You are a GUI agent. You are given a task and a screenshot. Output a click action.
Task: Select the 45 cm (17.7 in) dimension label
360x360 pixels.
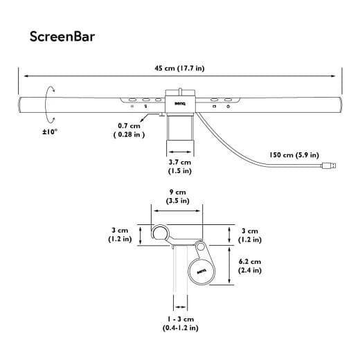pyautogui.click(x=179, y=68)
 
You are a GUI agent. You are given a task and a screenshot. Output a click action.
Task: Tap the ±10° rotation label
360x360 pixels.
pyautogui.click(x=49, y=131)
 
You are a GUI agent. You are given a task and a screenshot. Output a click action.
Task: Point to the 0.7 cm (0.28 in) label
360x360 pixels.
pyautogui.click(x=129, y=130)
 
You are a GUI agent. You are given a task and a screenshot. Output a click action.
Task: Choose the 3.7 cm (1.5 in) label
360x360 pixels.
pyautogui.click(x=180, y=165)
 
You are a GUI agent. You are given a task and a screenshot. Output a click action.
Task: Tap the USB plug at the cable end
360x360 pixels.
pyautogui.click(x=332, y=166)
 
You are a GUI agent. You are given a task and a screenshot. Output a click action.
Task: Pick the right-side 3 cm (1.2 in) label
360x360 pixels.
pyautogui.click(x=250, y=235)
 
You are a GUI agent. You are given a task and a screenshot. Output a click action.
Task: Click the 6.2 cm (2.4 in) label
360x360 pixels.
pyautogui.click(x=250, y=266)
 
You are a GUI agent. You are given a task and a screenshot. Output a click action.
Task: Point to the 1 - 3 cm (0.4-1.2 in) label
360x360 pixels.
pyautogui.click(x=179, y=323)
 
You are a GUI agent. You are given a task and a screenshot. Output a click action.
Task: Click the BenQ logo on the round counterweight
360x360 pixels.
pyautogui.click(x=202, y=271)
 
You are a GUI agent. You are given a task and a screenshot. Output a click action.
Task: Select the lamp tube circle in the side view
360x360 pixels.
pyautogui.click(x=161, y=233)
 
